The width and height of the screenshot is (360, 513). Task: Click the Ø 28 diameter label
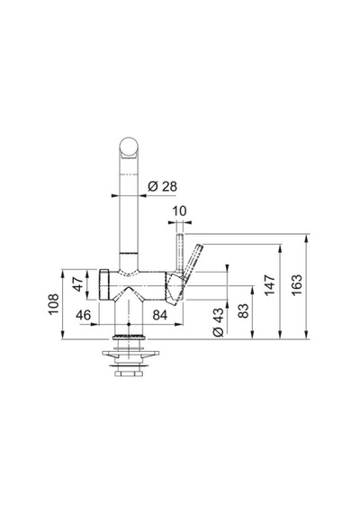coord(162,186)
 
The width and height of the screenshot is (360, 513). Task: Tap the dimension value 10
coord(179,211)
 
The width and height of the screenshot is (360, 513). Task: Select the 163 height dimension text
coord(297,285)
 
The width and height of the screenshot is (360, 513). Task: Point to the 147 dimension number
coord(270,285)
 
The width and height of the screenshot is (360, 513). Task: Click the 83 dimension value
coord(243,311)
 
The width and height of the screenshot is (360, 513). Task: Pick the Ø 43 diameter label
coord(219,322)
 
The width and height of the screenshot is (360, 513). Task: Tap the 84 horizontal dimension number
coord(160,315)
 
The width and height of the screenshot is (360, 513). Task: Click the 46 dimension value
coord(83,315)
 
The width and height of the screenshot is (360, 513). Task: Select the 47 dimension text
coord(78,284)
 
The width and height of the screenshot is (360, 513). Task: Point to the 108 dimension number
coord(54,304)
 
